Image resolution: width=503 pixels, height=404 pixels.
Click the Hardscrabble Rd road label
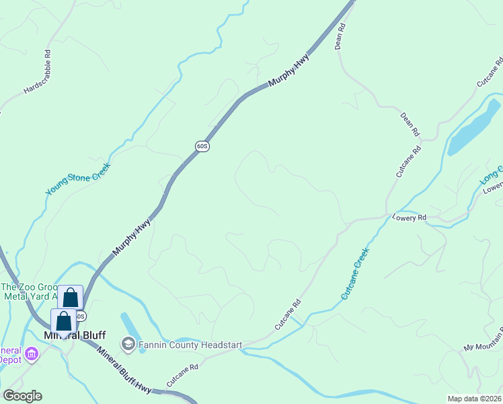38,71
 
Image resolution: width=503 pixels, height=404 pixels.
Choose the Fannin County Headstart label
190,345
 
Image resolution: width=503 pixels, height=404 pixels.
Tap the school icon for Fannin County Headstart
128,345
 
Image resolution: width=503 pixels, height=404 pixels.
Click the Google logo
22,396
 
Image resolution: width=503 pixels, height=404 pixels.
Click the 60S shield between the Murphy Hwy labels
202,145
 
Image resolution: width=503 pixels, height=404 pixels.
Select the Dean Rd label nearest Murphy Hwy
340,37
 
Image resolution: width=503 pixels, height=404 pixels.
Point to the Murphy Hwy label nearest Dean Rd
291,70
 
